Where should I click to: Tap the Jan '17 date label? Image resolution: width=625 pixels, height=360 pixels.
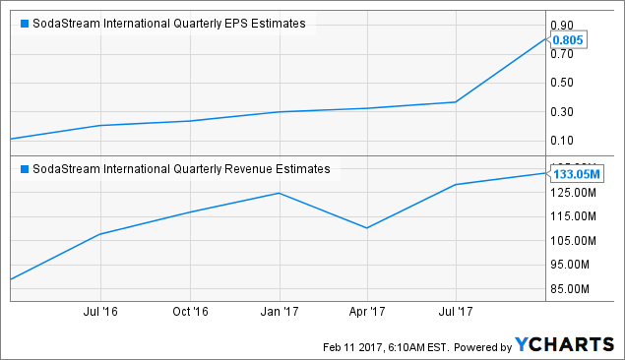tap(279, 313)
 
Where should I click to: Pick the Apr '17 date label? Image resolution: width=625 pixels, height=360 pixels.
tap(367, 313)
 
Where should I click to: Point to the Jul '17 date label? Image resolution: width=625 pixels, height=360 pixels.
tap(456, 313)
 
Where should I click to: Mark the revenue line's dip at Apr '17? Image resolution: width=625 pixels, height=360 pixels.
tap(367, 228)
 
